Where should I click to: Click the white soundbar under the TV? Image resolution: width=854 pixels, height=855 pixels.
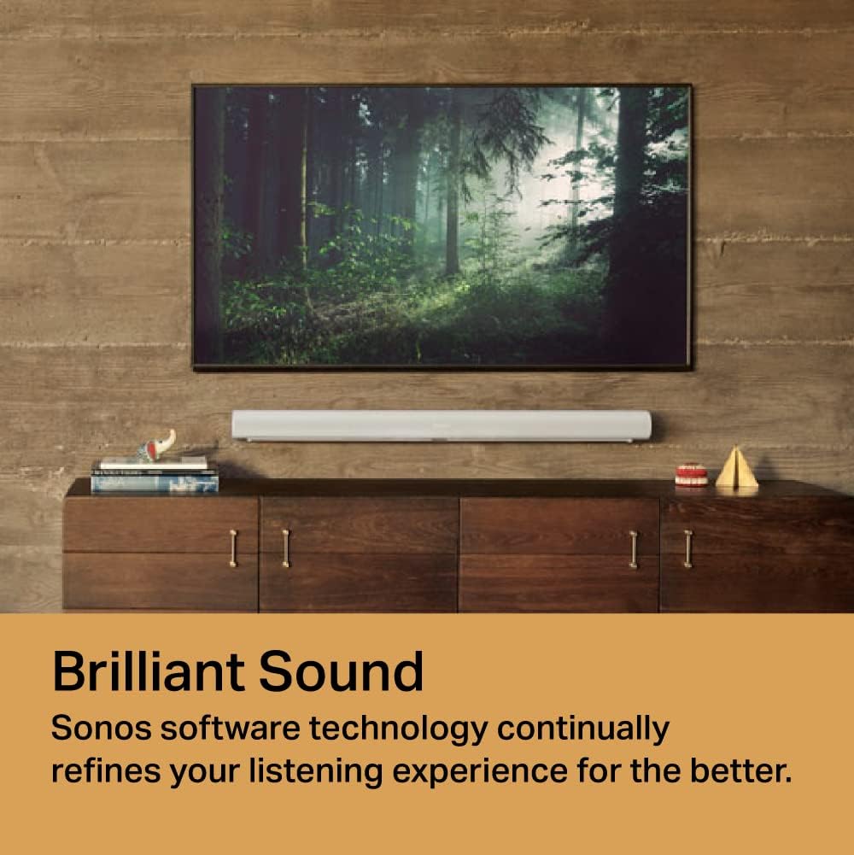pos(441,425)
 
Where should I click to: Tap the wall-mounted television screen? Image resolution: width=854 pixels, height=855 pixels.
pos(442,226)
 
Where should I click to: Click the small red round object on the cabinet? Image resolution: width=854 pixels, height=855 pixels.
pos(691,475)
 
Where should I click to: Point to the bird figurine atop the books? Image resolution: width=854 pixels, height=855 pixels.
pos(157,446)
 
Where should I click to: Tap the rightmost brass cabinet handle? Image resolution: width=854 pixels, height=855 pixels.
pos(687,548)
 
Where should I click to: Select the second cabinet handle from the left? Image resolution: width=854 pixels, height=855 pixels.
pos(285,548)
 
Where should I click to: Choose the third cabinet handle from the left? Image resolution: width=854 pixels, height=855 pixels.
pos(633,548)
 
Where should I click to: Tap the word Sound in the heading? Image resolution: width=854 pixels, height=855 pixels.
pos(342,671)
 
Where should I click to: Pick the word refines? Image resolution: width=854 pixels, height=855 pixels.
pos(104,771)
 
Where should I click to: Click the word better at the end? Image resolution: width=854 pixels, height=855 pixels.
pos(740,771)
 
